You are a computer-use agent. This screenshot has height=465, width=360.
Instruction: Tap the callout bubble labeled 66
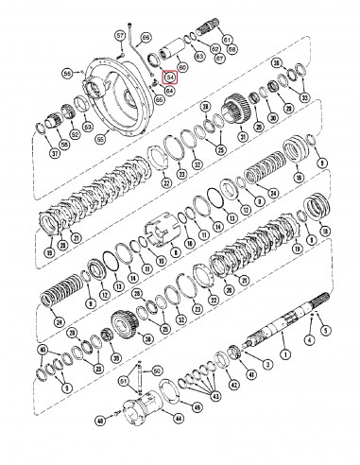click(x=146, y=37)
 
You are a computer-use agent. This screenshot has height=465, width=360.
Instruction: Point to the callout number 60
click(x=182, y=67)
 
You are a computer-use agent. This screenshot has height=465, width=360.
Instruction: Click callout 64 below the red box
click(x=170, y=91)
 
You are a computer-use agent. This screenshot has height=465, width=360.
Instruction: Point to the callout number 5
click(x=327, y=332)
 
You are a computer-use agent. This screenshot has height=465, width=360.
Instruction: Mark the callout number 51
click(x=123, y=381)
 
